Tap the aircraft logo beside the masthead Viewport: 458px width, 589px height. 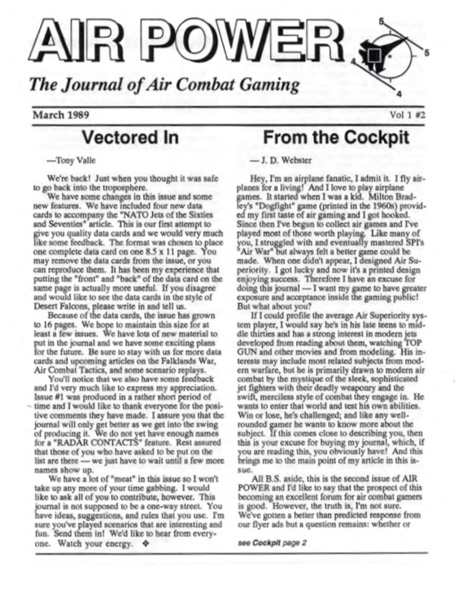[x=379, y=54]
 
